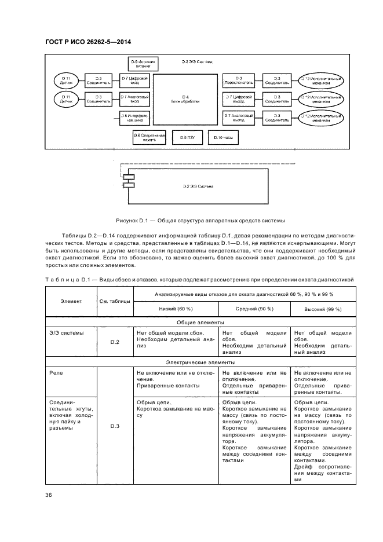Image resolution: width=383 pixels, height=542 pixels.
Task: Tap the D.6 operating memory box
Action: pyautogui.click(x=149, y=137)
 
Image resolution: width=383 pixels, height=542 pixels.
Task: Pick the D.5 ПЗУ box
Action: pyautogui.click(x=186, y=137)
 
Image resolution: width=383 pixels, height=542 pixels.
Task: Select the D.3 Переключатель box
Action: pyautogui.click(x=238, y=80)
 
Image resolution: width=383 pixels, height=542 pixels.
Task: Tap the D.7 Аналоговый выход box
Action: pyautogui.click(x=238, y=118)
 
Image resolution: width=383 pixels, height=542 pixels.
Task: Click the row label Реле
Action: pyautogui.click(x=56, y=373)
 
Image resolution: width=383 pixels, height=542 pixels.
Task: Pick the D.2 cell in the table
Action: pyautogui.click(x=115, y=342)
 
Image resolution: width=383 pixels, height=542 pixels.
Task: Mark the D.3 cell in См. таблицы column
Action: pyautogui.click(x=115, y=426)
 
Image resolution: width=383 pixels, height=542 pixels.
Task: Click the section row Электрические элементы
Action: pyautogui.click(x=200, y=362)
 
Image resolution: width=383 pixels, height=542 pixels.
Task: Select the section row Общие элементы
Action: pyautogui.click(x=200, y=323)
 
